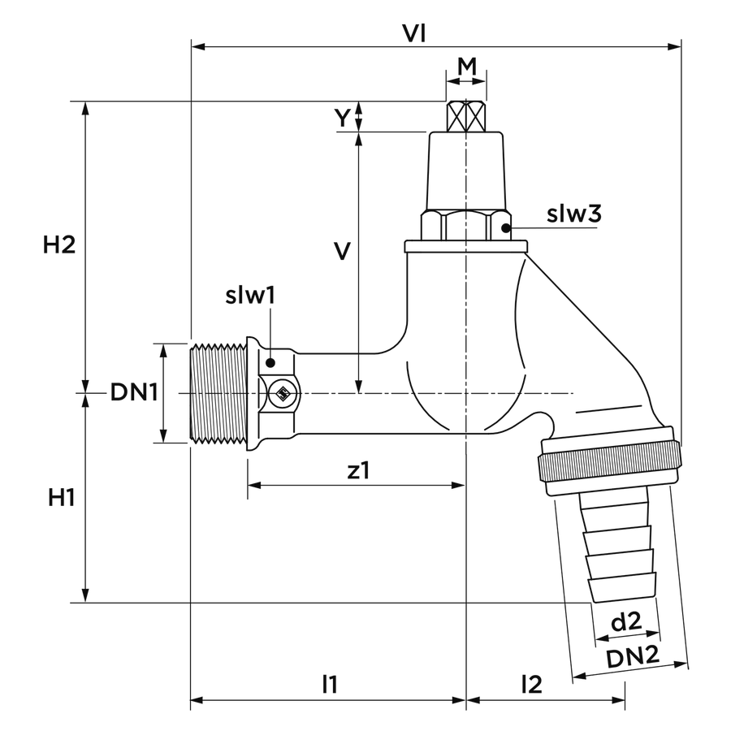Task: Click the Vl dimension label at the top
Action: (x=414, y=33)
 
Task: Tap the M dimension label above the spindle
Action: (x=467, y=67)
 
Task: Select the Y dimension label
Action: (x=343, y=118)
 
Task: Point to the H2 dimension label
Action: (x=59, y=244)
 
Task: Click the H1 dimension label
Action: (x=62, y=498)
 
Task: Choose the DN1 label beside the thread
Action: (x=134, y=392)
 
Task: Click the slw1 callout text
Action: (x=250, y=295)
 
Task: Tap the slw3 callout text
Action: (x=574, y=214)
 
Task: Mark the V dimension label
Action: (x=343, y=251)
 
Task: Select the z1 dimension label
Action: (x=358, y=470)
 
